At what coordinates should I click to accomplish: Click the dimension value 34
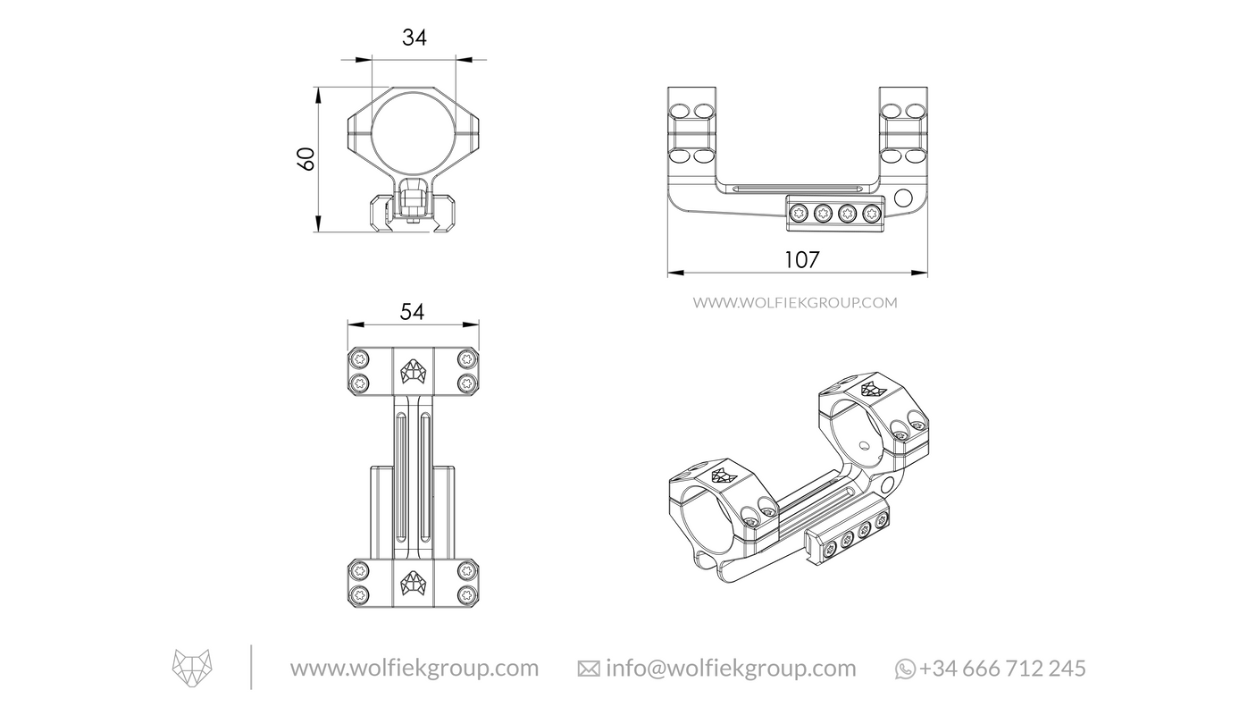[x=414, y=38]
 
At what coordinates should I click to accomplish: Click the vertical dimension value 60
[x=306, y=159]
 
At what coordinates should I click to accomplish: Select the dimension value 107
[x=801, y=259]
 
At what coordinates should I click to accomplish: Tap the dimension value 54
[x=412, y=311]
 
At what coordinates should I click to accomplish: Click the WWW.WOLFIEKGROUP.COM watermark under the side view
[x=795, y=302]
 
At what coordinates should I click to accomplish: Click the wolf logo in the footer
[x=193, y=668]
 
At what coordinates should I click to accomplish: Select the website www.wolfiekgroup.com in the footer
[x=414, y=668]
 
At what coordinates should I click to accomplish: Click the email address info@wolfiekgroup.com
[x=730, y=668]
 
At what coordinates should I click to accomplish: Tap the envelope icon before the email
[x=589, y=669]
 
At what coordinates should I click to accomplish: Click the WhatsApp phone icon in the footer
[x=905, y=669]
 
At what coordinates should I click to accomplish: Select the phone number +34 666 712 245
[x=1002, y=668]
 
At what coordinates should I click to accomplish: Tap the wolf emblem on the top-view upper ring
[x=413, y=370]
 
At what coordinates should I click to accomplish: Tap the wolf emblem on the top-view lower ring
[x=413, y=582]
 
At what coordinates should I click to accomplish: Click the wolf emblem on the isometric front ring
[x=722, y=475]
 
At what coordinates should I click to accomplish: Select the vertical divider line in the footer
[x=251, y=667]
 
